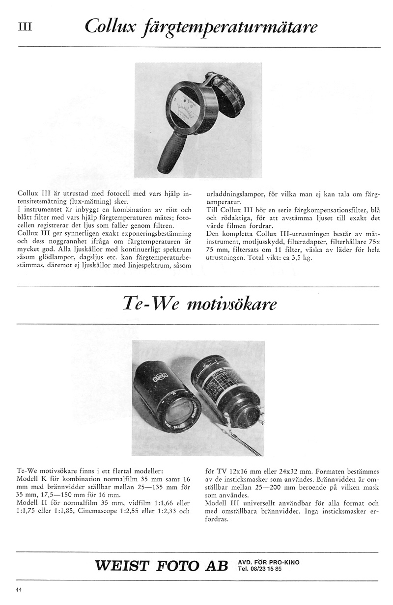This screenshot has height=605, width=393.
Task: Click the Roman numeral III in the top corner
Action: pos(25,27)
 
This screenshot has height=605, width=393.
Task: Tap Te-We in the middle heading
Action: pos(147,304)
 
